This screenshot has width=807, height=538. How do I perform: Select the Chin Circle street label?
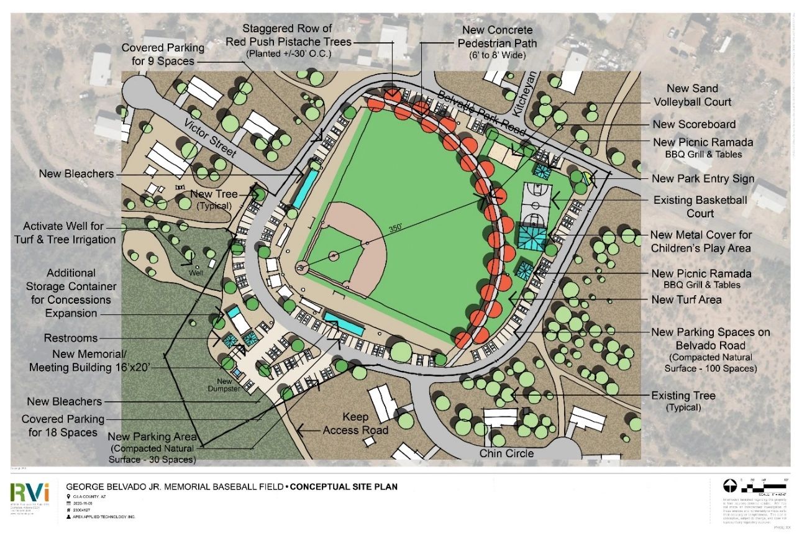(x=506, y=454)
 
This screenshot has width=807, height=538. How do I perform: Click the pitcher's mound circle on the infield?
(x=334, y=255)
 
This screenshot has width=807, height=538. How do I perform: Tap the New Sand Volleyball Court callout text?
(x=692, y=95)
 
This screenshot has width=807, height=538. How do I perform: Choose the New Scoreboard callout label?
(x=693, y=124)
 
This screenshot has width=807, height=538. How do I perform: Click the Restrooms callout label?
(x=71, y=338)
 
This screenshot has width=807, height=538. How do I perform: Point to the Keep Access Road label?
(x=355, y=424)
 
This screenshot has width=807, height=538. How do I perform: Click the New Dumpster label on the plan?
(x=227, y=385)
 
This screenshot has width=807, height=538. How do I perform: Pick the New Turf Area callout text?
(x=686, y=300)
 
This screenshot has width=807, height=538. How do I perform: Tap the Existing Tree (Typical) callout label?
(x=683, y=401)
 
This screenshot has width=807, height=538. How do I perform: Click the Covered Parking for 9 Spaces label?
(x=162, y=55)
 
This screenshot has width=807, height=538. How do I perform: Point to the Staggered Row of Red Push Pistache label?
(x=297, y=35)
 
